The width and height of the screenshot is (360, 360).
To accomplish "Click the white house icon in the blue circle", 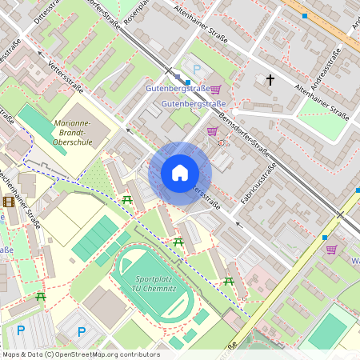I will [180, 173].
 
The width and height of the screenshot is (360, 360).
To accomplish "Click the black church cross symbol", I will [270, 79].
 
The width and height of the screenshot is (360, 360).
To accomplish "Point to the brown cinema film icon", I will [9, 201].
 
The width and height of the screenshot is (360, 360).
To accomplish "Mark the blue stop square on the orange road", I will [304, 15].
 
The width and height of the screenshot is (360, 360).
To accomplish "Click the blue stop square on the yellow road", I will [325, 237].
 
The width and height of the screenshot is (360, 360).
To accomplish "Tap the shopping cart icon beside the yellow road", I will [330, 250].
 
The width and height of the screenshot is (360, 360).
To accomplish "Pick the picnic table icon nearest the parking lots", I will [41, 296].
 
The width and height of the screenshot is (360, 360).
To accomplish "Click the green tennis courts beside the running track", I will [95, 239].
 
